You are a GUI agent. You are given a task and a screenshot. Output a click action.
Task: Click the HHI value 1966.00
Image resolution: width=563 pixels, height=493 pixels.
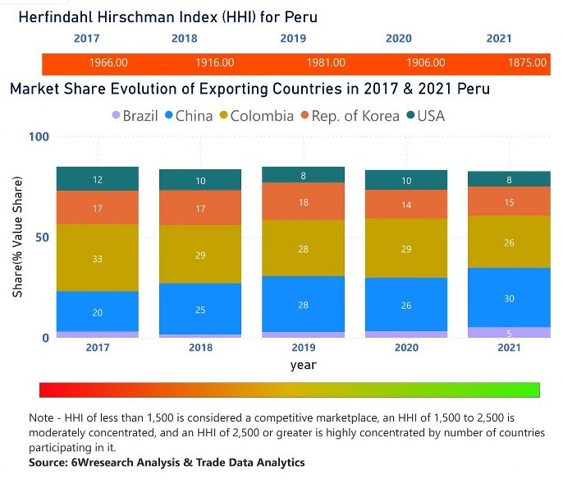click(x=108, y=62)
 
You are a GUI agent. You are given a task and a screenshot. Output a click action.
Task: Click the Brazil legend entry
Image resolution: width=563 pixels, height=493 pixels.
click(x=135, y=116)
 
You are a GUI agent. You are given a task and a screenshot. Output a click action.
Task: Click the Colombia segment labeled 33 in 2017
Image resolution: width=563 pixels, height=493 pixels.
click(x=98, y=258)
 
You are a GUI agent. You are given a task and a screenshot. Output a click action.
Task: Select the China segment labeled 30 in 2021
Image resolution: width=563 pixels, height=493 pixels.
click(x=509, y=297)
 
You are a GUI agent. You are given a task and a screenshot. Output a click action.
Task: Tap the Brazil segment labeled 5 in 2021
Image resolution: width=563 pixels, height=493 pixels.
click(x=509, y=333)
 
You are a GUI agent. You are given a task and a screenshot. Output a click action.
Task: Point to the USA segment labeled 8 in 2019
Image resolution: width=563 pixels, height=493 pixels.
click(x=304, y=175)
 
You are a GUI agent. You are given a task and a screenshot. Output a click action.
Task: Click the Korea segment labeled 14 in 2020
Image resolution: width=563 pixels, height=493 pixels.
click(x=406, y=205)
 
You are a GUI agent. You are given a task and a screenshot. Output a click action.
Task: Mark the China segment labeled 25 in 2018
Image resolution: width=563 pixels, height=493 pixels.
click(x=200, y=309)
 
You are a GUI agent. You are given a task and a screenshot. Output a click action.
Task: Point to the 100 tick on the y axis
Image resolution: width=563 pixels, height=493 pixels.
click(x=39, y=137)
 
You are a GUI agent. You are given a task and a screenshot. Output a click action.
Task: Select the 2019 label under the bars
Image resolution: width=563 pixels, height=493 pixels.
click(x=304, y=348)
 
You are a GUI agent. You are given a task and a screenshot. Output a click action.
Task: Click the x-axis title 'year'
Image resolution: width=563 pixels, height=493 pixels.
click(x=303, y=365)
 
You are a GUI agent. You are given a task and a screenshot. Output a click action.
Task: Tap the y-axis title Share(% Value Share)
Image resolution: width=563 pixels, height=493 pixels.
click(x=17, y=237)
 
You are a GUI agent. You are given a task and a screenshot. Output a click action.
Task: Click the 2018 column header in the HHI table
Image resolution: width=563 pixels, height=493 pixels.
click(x=185, y=39)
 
